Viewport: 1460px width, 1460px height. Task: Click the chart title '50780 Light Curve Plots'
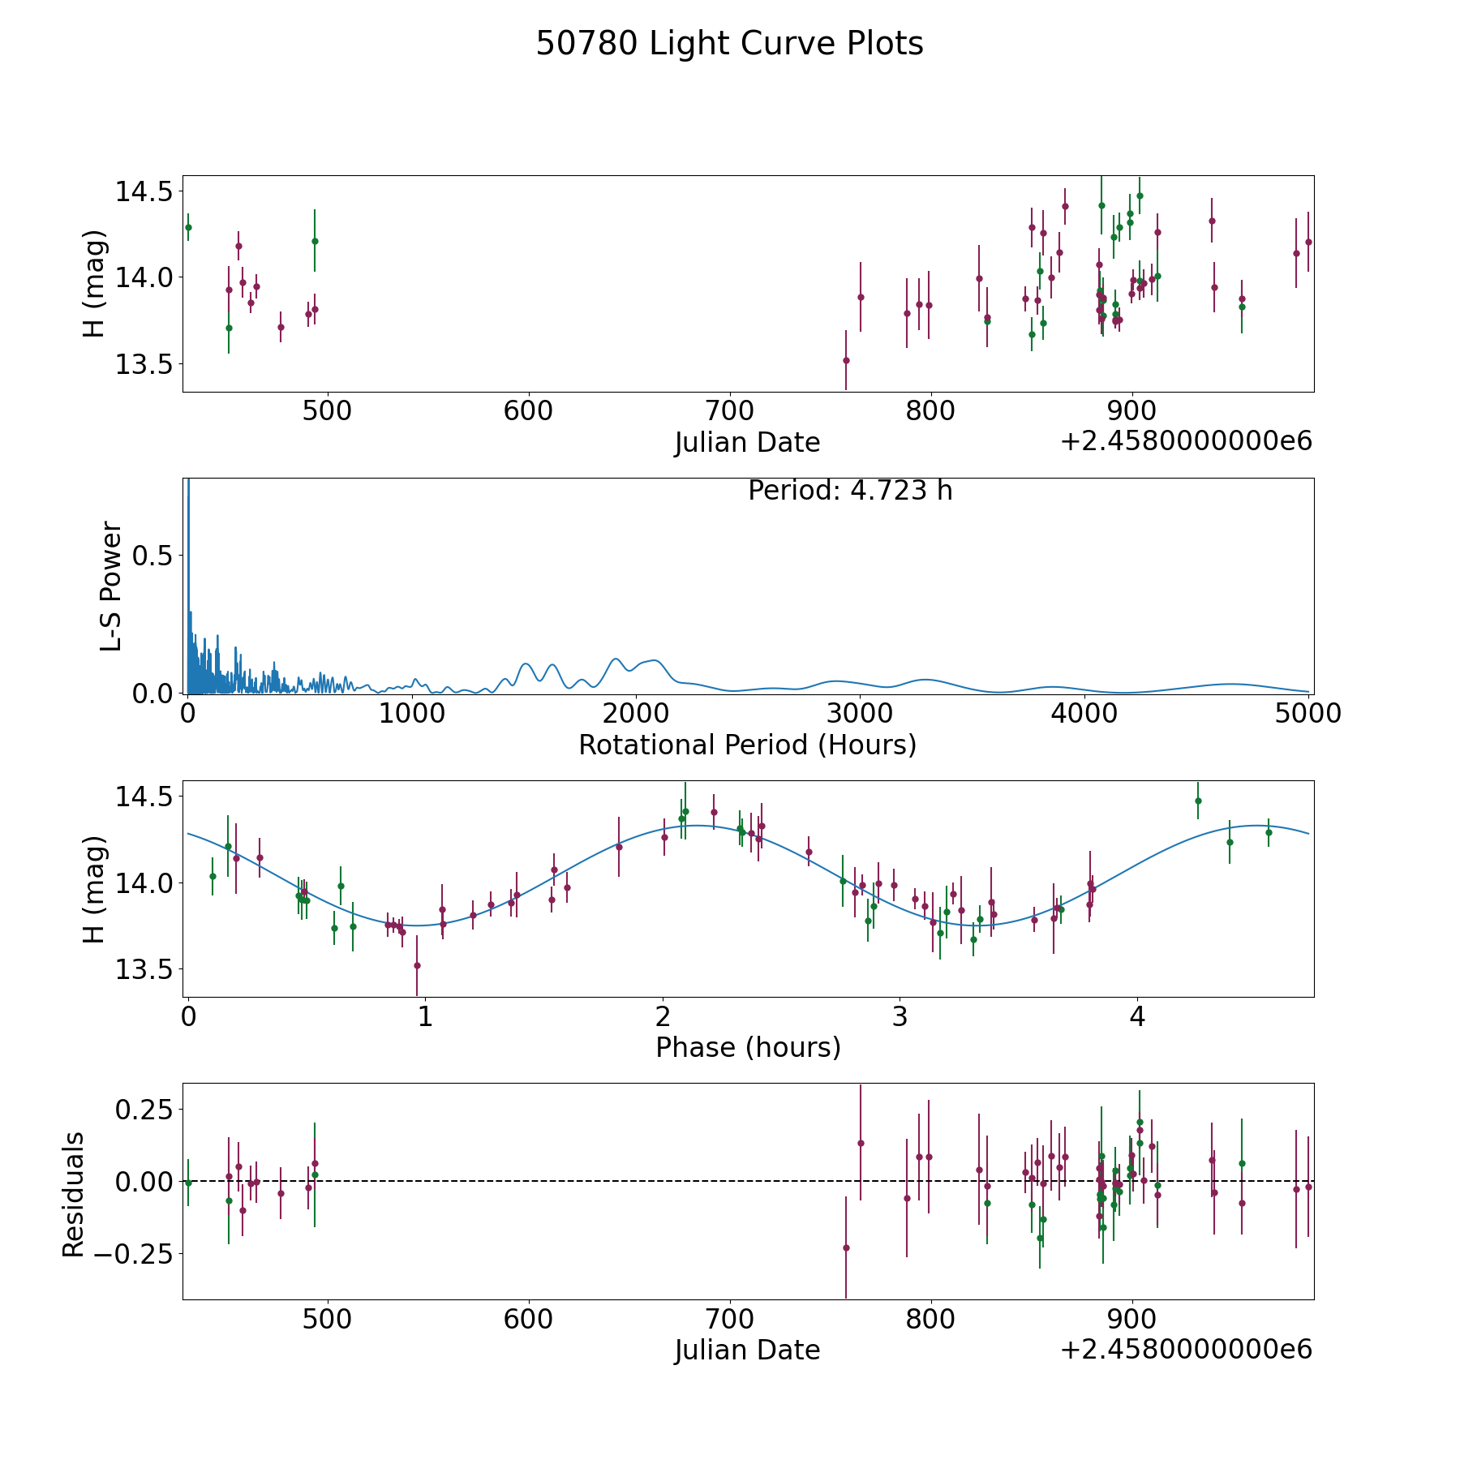[729, 44]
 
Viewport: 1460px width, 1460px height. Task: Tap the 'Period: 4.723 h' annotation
[850, 491]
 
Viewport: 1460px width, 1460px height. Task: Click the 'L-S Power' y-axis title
[111, 586]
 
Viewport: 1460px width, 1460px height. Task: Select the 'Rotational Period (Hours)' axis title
[748, 745]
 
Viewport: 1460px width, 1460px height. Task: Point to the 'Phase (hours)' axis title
[748, 1048]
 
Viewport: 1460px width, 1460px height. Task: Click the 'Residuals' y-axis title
[74, 1194]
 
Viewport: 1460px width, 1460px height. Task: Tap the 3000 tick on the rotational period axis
[860, 714]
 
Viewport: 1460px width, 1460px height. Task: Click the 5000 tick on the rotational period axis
[1308, 714]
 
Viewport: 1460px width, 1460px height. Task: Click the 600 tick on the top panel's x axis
[528, 411]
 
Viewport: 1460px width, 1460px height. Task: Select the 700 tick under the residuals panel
[729, 1320]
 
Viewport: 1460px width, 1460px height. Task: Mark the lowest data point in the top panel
[846, 360]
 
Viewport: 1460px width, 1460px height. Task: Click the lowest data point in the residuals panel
[846, 1248]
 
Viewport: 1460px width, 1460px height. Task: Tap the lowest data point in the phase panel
[417, 965]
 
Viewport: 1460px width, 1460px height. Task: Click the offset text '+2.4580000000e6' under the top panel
[1186, 442]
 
